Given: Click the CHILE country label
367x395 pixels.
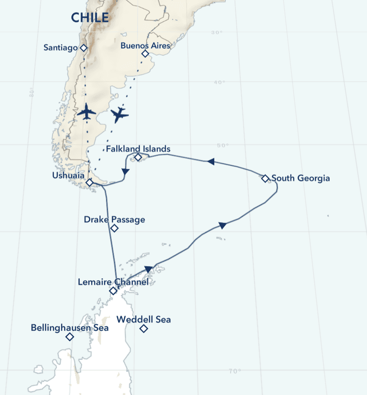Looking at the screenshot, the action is point(90,18).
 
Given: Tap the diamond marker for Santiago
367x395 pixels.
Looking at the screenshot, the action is point(84,48).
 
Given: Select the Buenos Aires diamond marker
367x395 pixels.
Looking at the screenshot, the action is point(145,53).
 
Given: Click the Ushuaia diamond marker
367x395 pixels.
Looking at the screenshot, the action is point(89,183).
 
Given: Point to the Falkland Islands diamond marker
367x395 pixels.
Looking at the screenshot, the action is point(138,157).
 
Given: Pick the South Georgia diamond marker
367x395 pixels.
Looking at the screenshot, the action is point(265,178).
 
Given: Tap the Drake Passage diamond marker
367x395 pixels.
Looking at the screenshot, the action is point(115,228).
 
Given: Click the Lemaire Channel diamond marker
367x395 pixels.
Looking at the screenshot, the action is point(113,291).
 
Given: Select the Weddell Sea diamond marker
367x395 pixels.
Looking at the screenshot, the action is point(144,329).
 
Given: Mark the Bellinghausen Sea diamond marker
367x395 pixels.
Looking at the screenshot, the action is point(69,337).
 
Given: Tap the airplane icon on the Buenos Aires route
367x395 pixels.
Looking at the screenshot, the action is point(119,115).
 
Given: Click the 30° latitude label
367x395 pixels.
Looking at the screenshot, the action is point(217,33).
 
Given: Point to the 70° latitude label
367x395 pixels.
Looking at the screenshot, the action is point(234,371).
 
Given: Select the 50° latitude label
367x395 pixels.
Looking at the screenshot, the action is point(222,146).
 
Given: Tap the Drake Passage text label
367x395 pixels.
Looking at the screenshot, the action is point(115,220).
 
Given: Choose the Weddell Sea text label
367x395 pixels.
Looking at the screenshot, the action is point(144,320).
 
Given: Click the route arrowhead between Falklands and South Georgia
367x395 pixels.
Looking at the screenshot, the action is point(211,161).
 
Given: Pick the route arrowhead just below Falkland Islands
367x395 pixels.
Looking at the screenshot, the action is point(125,172).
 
